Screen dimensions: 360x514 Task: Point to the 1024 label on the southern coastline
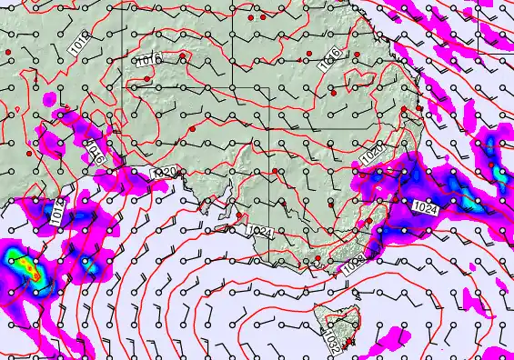258,231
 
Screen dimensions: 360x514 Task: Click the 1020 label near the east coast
371,155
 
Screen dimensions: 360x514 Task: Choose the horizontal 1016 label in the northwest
149,60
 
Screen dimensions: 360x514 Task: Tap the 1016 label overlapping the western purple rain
96,151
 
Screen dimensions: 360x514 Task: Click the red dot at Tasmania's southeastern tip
351,343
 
